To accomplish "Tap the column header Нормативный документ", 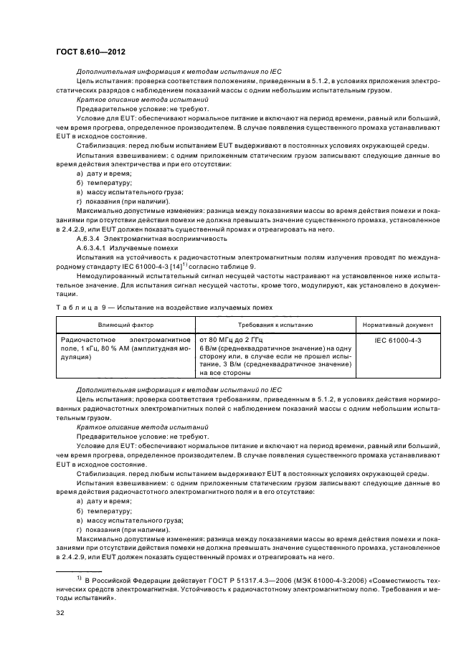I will pos(397,325).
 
